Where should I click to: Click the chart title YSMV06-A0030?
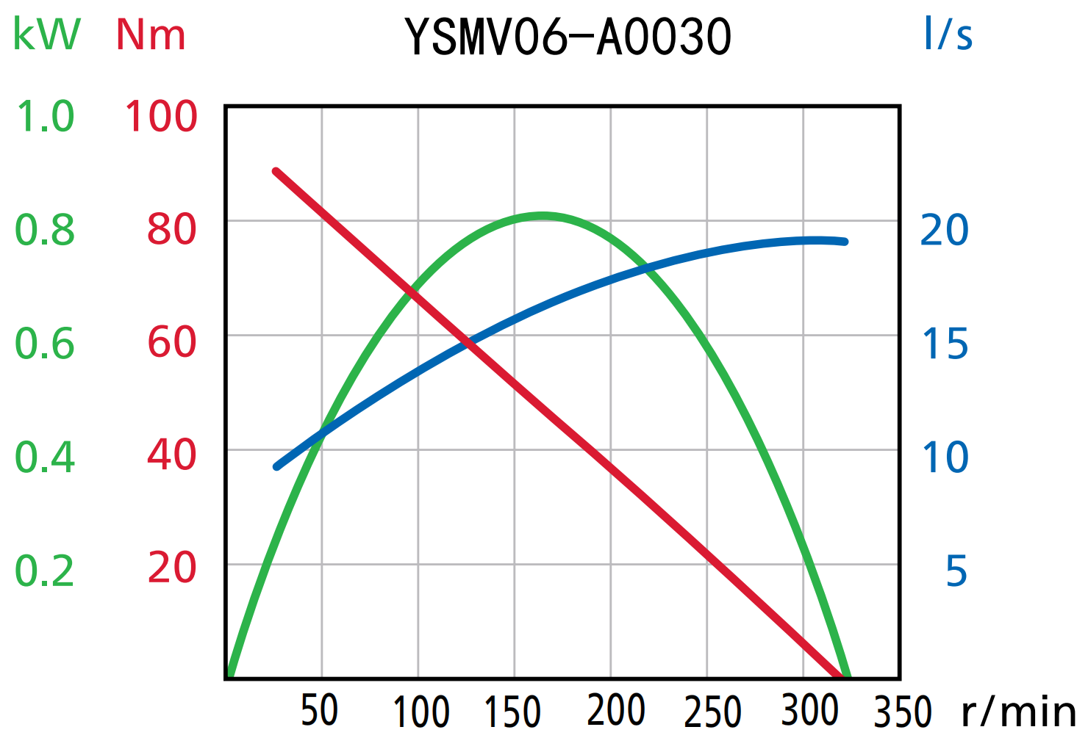coord(568,37)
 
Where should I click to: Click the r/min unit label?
coord(1019,711)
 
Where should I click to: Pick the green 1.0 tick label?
coord(46,117)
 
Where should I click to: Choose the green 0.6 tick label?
coord(45,344)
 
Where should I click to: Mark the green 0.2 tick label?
coord(45,571)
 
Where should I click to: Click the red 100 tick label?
coord(161,117)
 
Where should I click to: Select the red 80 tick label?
coord(172,229)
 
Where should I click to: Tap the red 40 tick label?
coord(172,455)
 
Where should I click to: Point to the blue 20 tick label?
coord(945,231)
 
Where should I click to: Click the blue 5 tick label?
coord(956,571)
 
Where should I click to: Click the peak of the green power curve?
coord(542,215)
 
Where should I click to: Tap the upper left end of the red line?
coord(276,172)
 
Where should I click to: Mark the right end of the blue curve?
coord(845,242)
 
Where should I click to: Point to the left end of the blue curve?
coord(277,466)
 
